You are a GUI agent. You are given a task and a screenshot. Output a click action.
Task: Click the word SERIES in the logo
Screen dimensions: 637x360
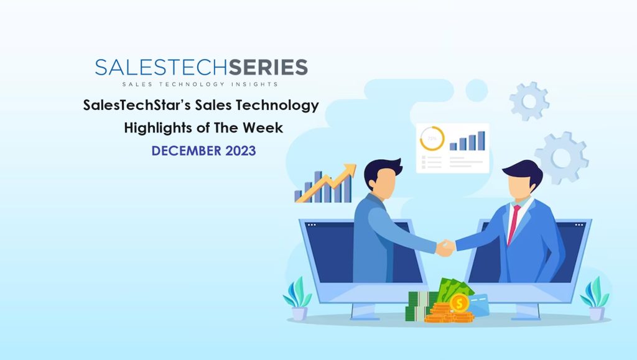click(268, 67)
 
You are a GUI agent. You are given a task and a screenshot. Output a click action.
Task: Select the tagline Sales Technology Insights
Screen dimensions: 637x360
click(200, 85)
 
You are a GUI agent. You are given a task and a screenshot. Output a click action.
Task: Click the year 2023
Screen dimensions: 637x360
click(241, 151)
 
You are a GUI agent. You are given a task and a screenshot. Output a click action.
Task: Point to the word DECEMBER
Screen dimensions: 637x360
click(187, 151)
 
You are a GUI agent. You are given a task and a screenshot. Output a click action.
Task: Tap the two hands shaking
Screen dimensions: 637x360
click(445, 247)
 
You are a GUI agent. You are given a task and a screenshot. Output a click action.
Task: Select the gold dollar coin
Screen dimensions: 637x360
click(459, 303)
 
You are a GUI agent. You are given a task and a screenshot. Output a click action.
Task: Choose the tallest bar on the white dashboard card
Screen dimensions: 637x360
click(481, 141)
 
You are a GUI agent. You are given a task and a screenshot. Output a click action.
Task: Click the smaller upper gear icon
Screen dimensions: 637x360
click(529, 101)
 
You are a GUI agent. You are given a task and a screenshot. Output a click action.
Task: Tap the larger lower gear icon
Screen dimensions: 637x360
click(562, 158)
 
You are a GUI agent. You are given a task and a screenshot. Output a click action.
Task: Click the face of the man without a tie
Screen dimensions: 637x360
click(385, 182)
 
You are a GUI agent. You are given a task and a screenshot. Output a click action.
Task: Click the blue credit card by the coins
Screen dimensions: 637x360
click(480, 305)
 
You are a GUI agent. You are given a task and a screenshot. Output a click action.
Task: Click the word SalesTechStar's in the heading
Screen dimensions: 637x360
click(137, 105)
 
